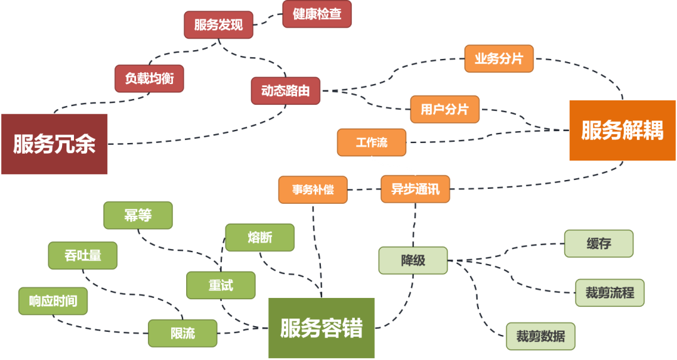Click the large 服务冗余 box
[x=55, y=144]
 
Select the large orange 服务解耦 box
[x=622, y=130]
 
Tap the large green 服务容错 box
[x=321, y=328]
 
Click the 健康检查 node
[x=317, y=14]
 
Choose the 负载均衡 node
[x=149, y=78]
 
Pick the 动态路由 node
[x=285, y=91]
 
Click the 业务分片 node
[x=498, y=58]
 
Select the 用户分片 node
[x=444, y=109]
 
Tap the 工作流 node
[x=372, y=142]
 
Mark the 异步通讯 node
[x=415, y=189]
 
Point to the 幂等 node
[x=137, y=215]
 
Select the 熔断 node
[x=260, y=238]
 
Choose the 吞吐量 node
[x=82, y=255]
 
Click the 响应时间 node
[x=53, y=301]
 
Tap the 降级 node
[x=413, y=260]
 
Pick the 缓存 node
[x=599, y=243]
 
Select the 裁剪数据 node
[x=540, y=336]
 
